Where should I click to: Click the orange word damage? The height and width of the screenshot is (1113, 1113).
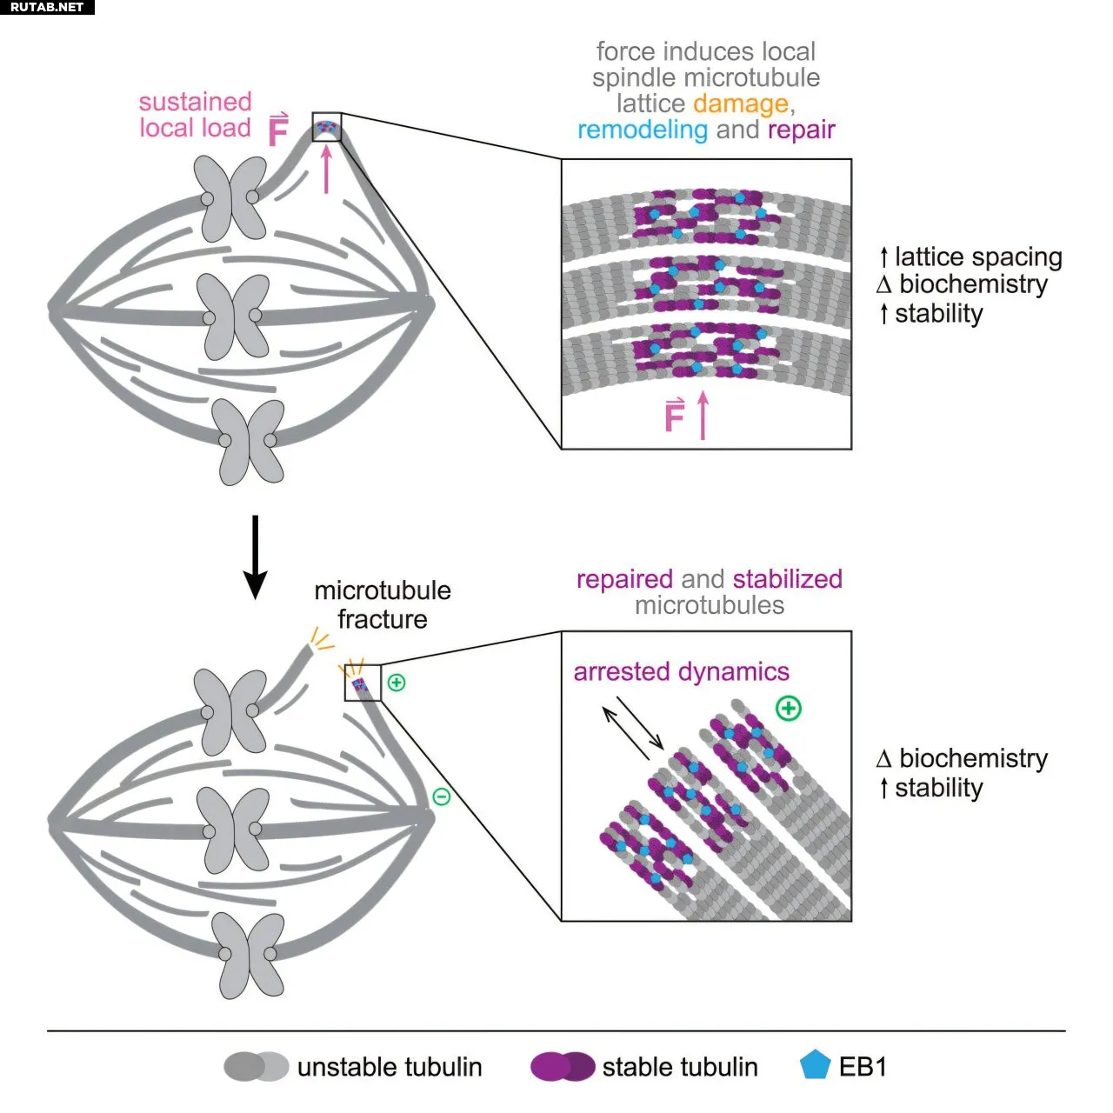(740, 103)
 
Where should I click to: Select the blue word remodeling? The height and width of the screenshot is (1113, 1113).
(643, 130)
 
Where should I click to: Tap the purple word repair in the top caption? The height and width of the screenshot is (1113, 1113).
(801, 130)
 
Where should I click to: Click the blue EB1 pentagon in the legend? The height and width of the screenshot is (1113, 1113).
(815, 1065)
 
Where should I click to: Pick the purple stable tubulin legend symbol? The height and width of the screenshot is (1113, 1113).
(563, 1066)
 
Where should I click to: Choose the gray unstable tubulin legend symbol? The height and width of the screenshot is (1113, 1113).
(256, 1066)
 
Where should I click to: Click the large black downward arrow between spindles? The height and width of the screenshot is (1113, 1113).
(255, 556)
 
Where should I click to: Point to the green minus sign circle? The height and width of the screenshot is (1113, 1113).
(442, 796)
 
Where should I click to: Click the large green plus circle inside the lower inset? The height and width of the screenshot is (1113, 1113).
(789, 708)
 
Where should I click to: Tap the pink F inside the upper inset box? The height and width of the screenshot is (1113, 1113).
(674, 417)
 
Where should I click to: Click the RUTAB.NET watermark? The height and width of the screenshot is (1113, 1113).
(47, 7)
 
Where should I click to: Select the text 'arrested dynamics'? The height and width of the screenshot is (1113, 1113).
(681, 671)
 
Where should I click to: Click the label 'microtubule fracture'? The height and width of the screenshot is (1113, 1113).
(383, 604)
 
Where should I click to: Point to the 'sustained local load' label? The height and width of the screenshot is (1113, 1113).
(195, 115)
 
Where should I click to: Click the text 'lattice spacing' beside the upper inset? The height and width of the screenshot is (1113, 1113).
(978, 257)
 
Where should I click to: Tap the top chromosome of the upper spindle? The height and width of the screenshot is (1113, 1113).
(230, 198)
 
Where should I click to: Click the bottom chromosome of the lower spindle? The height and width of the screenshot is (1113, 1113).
(250, 955)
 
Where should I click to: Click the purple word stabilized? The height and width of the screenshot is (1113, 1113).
(787, 579)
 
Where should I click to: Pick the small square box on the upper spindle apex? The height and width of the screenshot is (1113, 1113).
(327, 127)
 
